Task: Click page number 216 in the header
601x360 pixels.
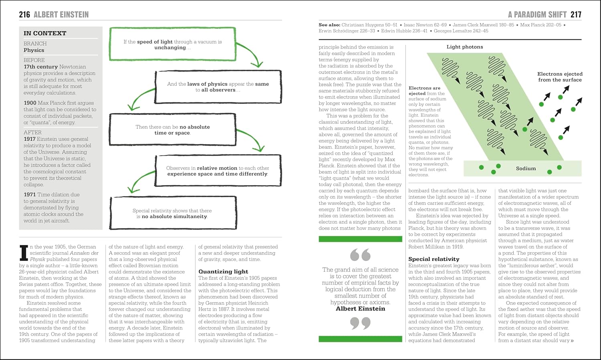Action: pos(24,15)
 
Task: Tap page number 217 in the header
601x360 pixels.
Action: pos(576,15)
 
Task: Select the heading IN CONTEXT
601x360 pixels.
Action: pos(45,33)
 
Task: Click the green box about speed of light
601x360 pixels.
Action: pos(172,44)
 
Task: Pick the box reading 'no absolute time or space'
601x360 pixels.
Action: pos(172,129)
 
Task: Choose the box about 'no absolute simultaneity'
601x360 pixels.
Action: pos(172,213)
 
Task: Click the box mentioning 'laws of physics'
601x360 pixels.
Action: pos(218,87)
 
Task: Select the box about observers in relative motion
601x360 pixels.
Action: pos(218,171)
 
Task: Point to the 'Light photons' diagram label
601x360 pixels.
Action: pos(465,47)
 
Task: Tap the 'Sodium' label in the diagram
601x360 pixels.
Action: pos(526,168)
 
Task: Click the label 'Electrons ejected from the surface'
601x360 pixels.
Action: pos(560,77)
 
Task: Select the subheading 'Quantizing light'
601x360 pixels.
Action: pos(223,271)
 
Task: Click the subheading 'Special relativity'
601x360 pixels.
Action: pos(434,259)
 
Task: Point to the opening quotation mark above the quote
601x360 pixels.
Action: pos(360,255)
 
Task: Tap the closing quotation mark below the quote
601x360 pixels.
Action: pos(360,323)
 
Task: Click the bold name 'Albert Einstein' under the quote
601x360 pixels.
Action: pos(360,309)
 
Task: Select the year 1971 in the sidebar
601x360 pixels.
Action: pos(30,194)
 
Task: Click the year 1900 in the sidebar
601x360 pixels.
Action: pos(30,103)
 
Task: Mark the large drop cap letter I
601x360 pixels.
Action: pos(24,253)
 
